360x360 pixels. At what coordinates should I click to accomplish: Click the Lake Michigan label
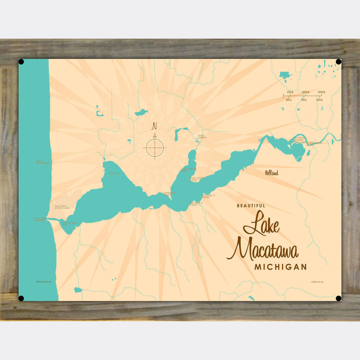coord(43,162)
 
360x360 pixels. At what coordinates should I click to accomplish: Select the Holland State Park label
coord(62,207)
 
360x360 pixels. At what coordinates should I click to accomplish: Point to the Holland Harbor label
coord(40,219)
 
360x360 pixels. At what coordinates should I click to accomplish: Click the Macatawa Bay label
coord(70,223)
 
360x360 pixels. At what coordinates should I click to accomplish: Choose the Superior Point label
coord(169,193)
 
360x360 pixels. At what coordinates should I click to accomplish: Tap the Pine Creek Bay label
coord(189,170)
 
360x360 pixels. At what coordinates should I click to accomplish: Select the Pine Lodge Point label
coord(198,179)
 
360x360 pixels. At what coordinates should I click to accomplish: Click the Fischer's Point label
coord(197,203)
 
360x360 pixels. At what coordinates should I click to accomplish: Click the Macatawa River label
coord(314,144)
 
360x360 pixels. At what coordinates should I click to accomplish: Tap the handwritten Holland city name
coord(271,172)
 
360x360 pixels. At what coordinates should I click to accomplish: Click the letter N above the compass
coord(155,125)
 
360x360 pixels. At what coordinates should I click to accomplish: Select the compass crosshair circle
coord(155,148)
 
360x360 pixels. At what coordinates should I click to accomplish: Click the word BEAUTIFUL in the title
coord(251,206)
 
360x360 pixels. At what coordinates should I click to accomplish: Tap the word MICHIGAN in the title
coord(280,267)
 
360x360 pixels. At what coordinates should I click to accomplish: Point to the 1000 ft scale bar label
coord(289,92)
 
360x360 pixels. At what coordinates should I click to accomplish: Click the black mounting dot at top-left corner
coord(21,62)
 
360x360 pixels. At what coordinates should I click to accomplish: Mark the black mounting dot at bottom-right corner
coord(338,298)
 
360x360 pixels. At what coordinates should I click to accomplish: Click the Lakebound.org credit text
coord(317,282)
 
